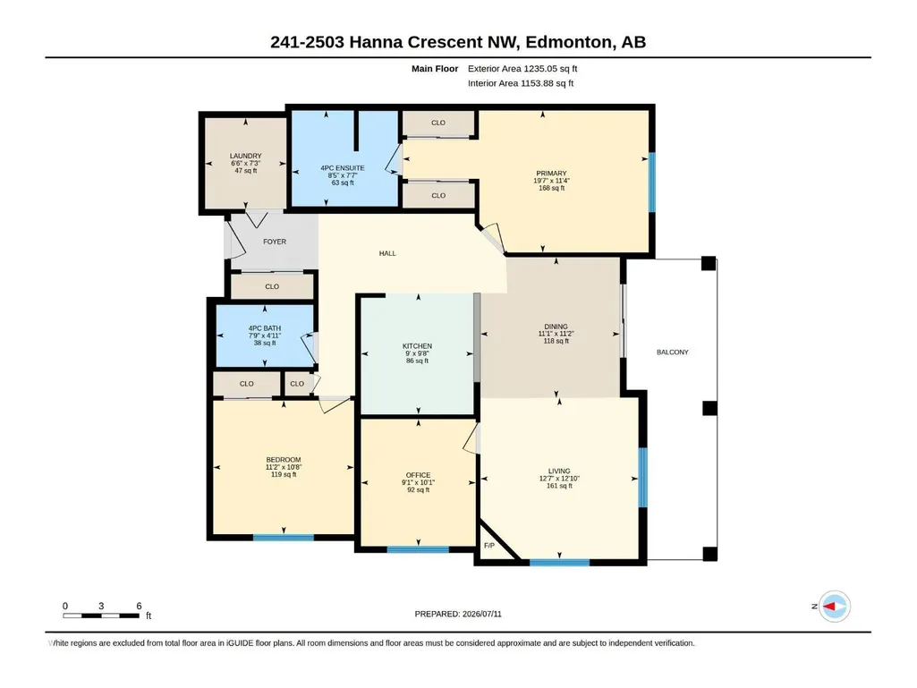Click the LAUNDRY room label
point(246,157)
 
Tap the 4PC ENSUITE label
point(343,168)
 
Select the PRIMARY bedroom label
point(551,174)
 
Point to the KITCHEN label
point(418,346)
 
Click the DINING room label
point(556,327)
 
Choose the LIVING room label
point(559,471)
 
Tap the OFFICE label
point(418,475)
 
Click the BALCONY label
point(673,352)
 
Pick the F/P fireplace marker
point(489,546)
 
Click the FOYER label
point(275,242)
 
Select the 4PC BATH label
point(265,328)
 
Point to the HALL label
point(387,253)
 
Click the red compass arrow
point(830,607)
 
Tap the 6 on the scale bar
point(139,606)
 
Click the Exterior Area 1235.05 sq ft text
point(522,69)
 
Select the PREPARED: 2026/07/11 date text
point(458,615)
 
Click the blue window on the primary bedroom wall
point(652,182)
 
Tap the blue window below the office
point(418,549)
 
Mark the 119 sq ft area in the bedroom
point(284,474)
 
